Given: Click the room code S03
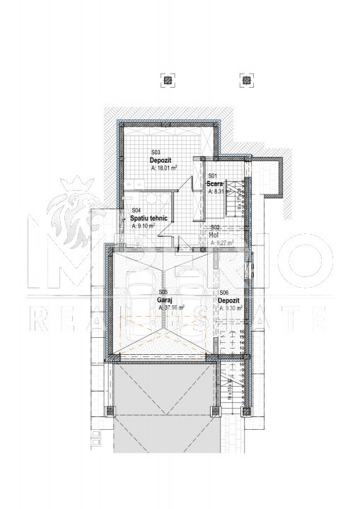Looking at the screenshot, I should pyautogui.click(x=156, y=153).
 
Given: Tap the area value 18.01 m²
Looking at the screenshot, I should pyautogui.click(x=164, y=169).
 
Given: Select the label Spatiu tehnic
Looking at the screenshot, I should pyautogui.click(x=149, y=218).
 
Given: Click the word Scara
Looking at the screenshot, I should pyautogui.click(x=215, y=184).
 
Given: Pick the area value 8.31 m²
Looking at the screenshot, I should pyautogui.click(x=221, y=191).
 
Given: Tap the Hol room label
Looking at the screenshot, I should pyautogui.click(x=214, y=235).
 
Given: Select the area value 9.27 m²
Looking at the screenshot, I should pyautogui.click(x=222, y=242).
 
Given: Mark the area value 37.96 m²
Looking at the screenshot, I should pyautogui.click(x=172, y=308).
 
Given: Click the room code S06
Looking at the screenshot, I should pyautogui.click(x=223, y=293).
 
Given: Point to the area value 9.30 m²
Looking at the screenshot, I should pyautogui.click(x=231, y=308).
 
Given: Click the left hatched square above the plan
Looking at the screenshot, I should pyautogui.click(x=167, y=80).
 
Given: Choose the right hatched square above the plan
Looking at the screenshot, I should pyautogui.click(x=246, y=80).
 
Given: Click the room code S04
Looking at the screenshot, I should pyautogui.click(x=136, y=211).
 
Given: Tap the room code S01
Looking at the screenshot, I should pyautogui.click(x=211, y=176).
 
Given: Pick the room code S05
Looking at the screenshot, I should pyautogui.click(x=163, y=292).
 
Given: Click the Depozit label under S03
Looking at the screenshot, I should pyautogui.click(x=161, y=160).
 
